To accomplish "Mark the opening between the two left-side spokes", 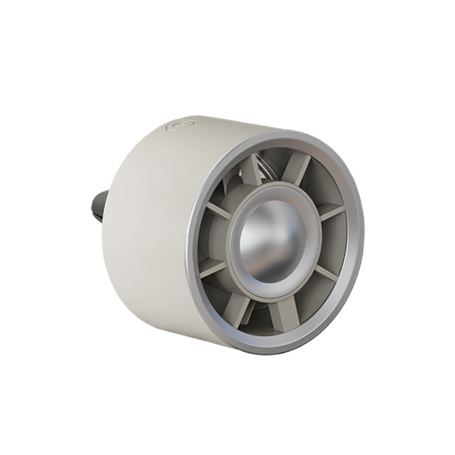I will point(208,239).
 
